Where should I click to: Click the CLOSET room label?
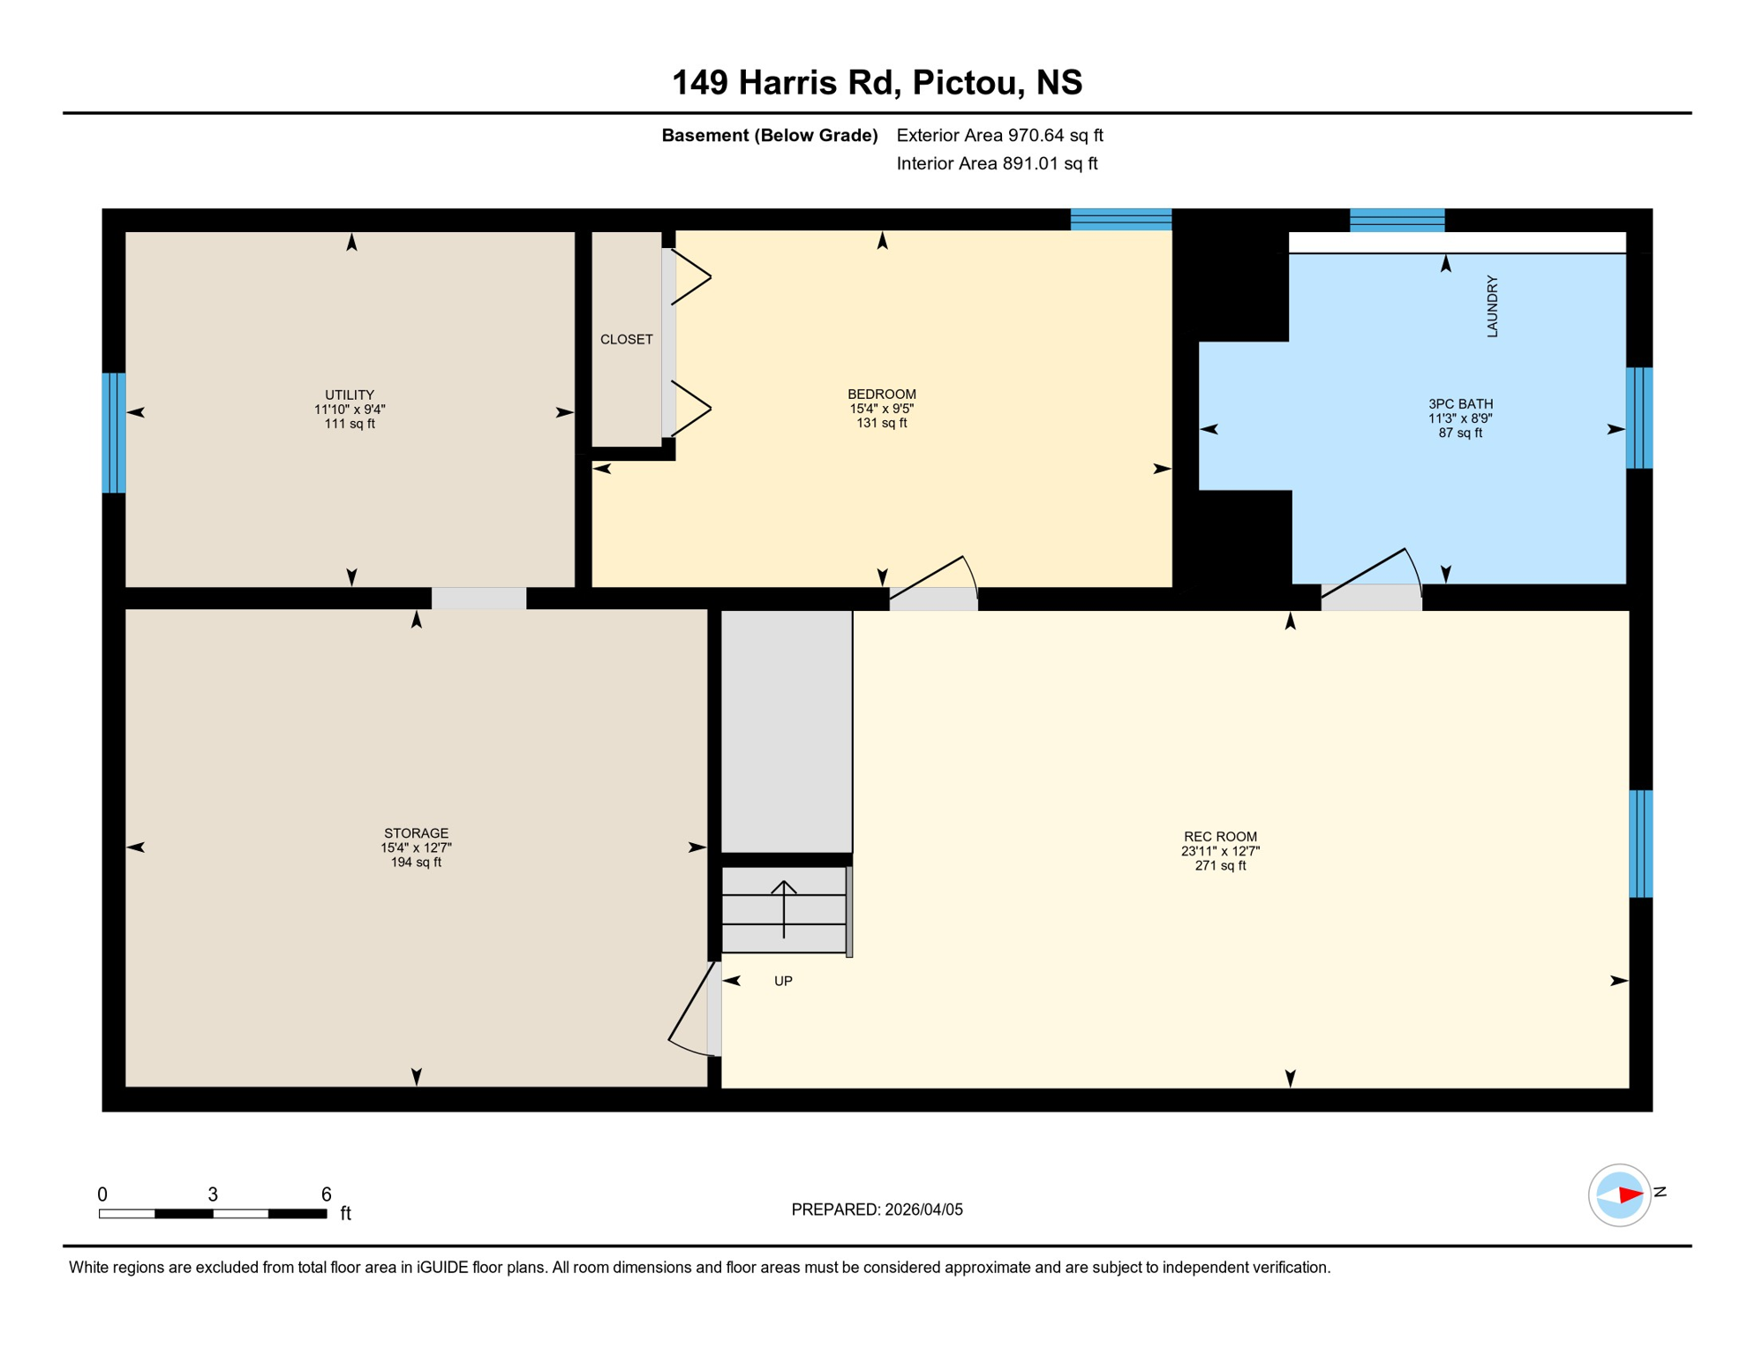(626, 339)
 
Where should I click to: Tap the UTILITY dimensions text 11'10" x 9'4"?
(350, 410)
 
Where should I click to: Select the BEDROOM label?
(881, 394)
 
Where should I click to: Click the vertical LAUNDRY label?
(1492, 306)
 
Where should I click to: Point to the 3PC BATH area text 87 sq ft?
(1460, 433)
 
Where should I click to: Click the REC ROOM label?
(1220, 836)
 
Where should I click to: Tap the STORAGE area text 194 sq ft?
(416, 862)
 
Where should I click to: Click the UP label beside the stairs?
(783, 981)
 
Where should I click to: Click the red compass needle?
(1631, 1195)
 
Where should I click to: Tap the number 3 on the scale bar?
(213, 1194)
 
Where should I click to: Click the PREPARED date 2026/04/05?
(923, 1209)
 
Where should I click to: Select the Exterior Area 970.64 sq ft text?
(999, 135)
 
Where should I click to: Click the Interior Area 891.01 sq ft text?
(997, 163)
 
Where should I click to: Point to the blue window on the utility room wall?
(114, 433)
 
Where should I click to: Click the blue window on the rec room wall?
(1640, 843)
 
